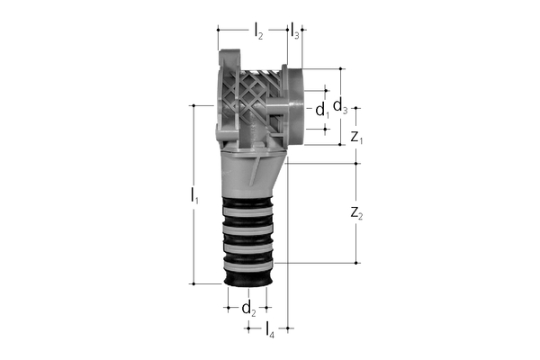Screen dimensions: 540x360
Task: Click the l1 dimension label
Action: tap(194, 195)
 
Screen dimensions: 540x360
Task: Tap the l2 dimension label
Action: tap(258, 31)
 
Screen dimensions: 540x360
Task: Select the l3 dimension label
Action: tap(295, 31)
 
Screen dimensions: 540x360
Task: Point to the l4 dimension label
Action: tap(270, 329)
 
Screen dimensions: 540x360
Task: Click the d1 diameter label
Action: tap(322, 110)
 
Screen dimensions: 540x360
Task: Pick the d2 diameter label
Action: tap(248, 308)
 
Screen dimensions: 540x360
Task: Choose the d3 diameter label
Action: tap(340, 104)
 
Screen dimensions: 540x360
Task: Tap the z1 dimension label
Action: tap(356, 137)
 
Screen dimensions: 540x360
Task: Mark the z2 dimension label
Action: tap(356, 213)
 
